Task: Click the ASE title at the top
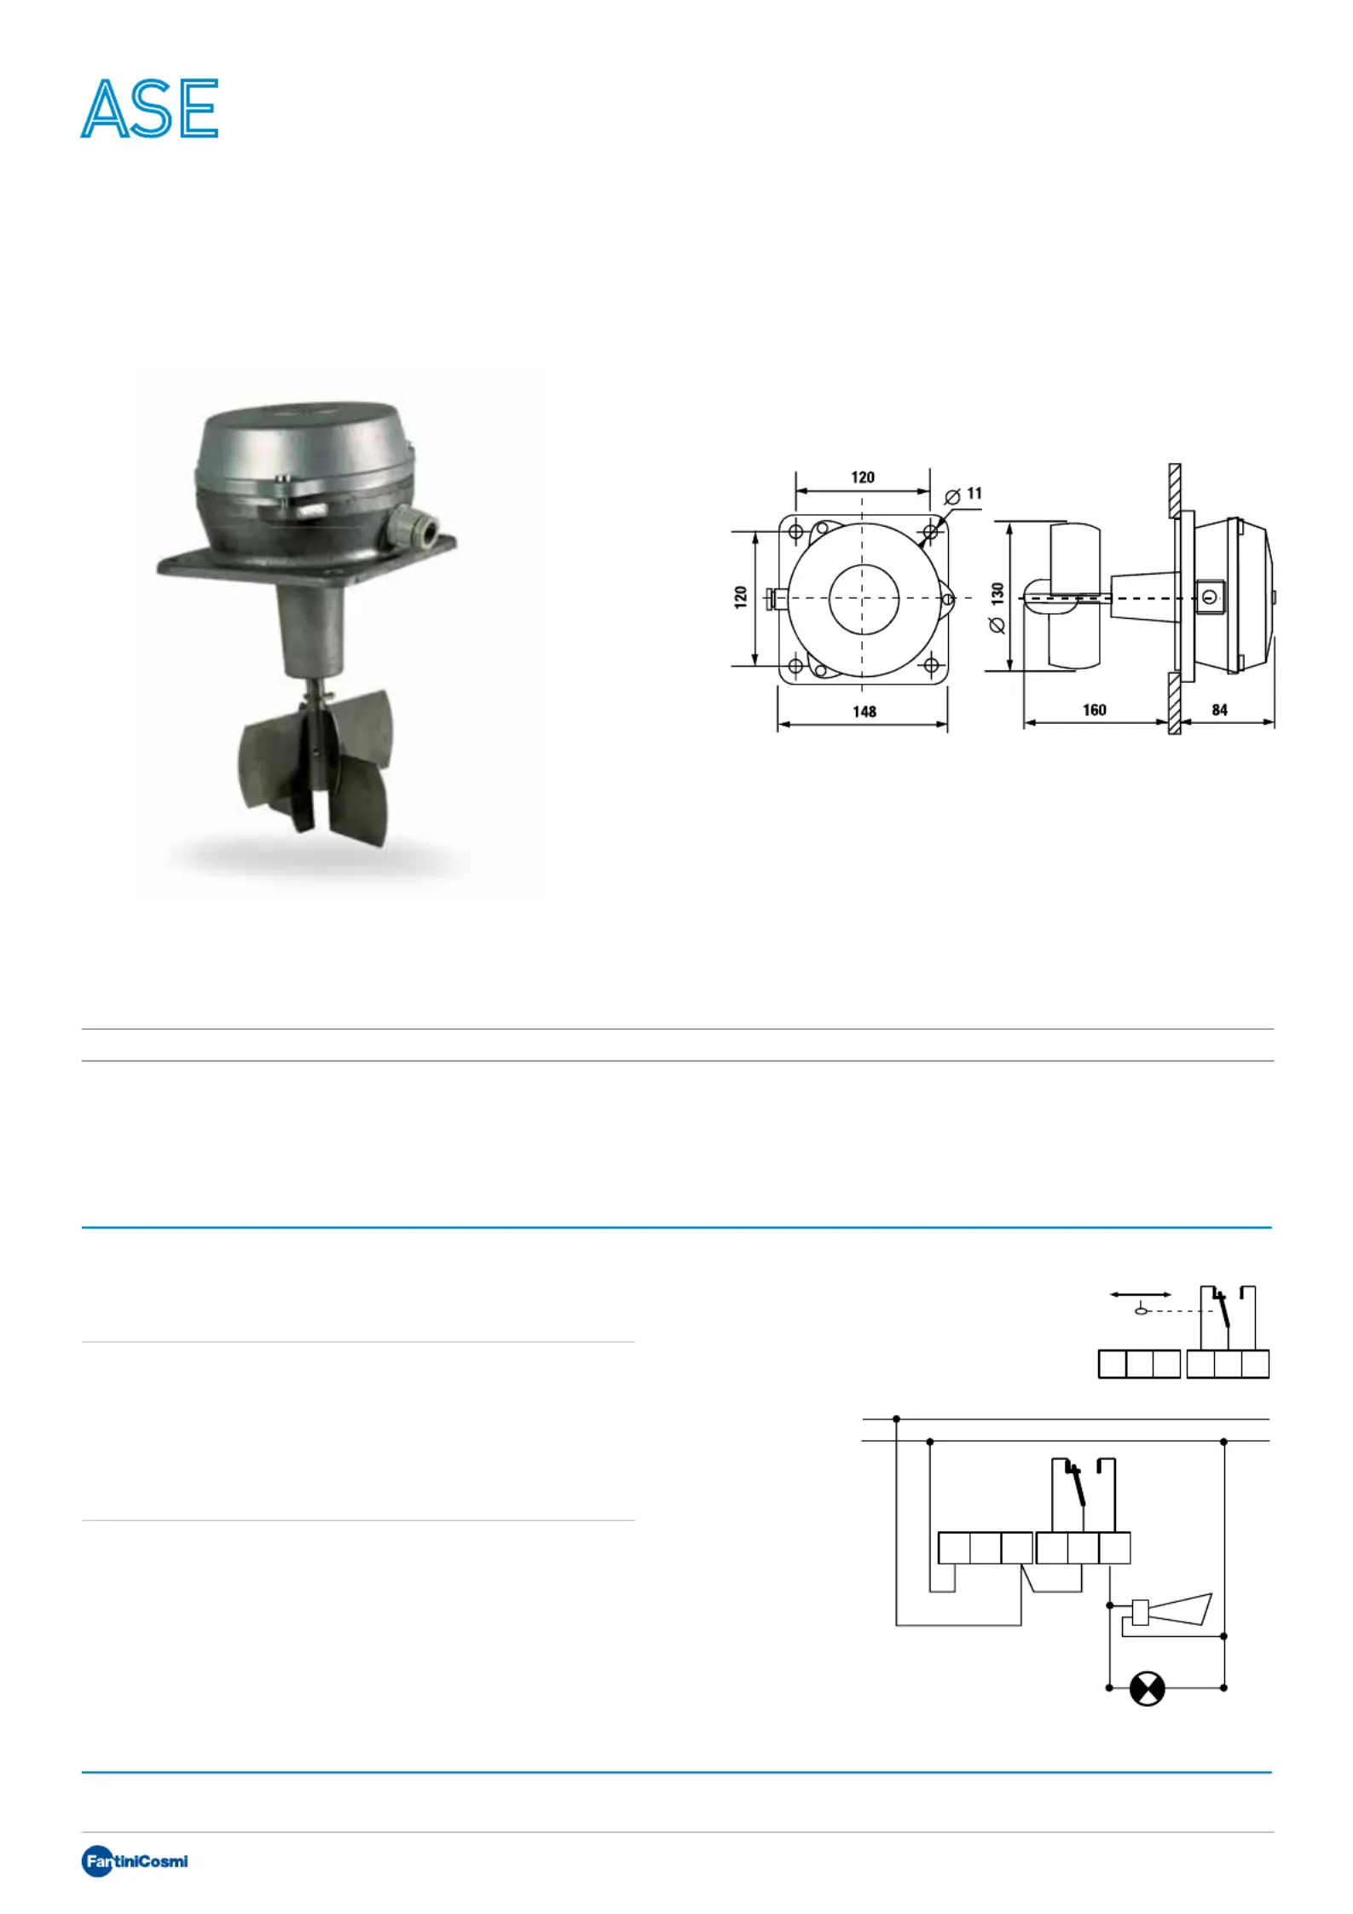150,108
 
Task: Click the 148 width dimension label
864,711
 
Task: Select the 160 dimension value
1094,709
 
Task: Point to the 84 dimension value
1220,709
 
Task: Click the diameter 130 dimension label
997,607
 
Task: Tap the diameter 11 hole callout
964,494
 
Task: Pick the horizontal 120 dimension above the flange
863,477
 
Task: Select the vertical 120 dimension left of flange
740,597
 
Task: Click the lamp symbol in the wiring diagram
1147,1688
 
